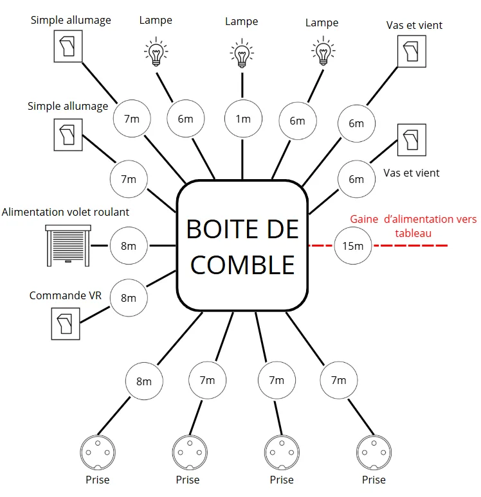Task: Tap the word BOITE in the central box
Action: (220, 229)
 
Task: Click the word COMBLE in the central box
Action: (242, 265)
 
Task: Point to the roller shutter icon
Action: (68, 245)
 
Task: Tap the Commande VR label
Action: (66, 295)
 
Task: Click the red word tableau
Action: (413, 233)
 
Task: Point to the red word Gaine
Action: (364, 219)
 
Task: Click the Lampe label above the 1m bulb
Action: (242, 22)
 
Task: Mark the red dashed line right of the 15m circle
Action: (410, 245)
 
